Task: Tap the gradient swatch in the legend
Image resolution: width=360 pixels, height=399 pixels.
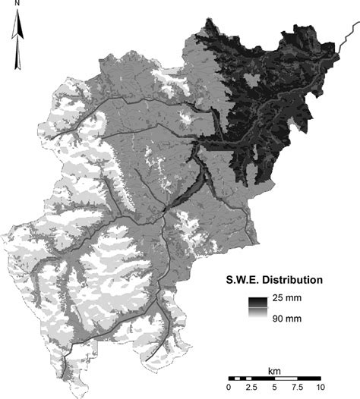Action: click(259, 307)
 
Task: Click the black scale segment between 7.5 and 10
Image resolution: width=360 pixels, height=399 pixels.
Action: click(308, 377)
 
